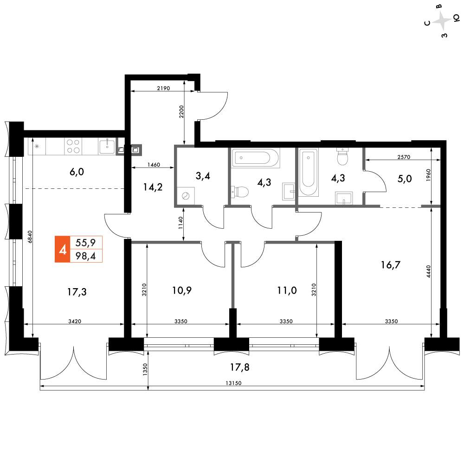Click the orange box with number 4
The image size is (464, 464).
coord(63,249)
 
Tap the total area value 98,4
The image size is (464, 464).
coord(85,256)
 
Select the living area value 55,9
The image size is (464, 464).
coord(85,243)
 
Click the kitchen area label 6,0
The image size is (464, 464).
coord(77,172)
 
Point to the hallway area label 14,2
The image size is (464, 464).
coord(153,187)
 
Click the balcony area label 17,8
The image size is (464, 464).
coord(240,367)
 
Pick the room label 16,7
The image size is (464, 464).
coord(391,265)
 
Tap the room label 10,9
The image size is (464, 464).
coord(182,290)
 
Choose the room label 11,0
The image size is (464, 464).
coord(287,290)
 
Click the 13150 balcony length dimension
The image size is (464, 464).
coord(233,383)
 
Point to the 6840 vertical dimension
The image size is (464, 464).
coord(30,237)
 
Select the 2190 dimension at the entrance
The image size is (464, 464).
coord(163,88)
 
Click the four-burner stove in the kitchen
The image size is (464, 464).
coord(73,146)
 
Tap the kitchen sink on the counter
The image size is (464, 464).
coord(107,147)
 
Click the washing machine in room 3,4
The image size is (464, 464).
coord(186,196)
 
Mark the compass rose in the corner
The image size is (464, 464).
coord(442,21)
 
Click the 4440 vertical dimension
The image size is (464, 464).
coord(429,271)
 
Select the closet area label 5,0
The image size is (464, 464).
coord(405,179)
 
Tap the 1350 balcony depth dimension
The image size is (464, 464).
coord(145,369)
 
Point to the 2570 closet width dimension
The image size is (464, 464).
coord(404,157)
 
